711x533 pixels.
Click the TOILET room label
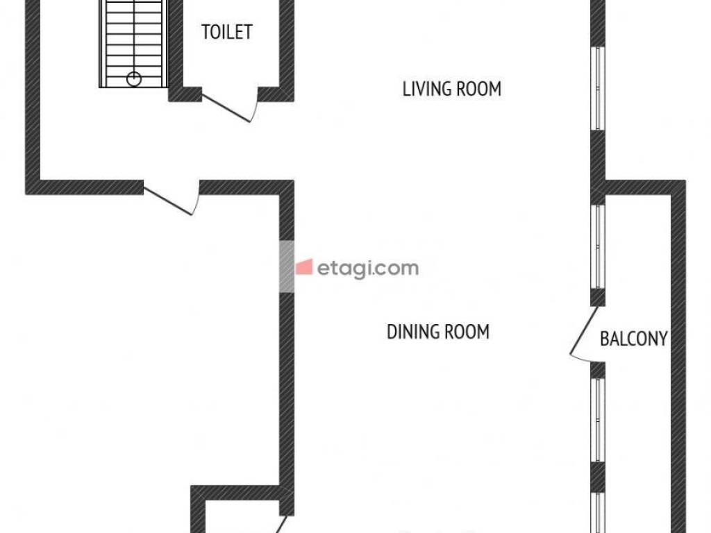tap(227, 32)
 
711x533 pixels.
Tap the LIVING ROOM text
tap(451, 89)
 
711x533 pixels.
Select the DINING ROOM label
tap(438, 332)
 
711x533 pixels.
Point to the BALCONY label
tap(633, 339)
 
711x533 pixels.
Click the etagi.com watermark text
tap(367, 269)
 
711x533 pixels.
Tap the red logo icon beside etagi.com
tap(304, 267)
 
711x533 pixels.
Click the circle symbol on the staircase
tap(134, 79)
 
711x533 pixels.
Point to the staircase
tap(133, 44)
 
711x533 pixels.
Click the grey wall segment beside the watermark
tap(286, 266)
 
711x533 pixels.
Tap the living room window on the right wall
tap(598, 88)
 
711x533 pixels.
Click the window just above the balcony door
tap(598, 246)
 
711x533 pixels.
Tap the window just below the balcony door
tap(598, 420)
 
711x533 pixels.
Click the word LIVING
tap(427, 89)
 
